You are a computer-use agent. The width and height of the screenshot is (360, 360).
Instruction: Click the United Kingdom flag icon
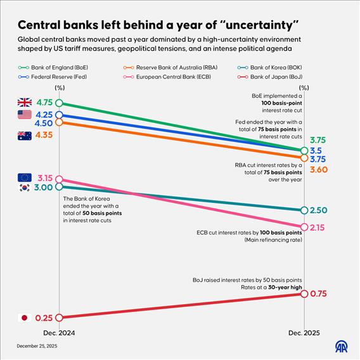[25, 103]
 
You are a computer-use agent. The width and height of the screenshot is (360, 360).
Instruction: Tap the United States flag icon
[25, 115]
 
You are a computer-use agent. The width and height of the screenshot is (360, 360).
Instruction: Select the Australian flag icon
[25, 135]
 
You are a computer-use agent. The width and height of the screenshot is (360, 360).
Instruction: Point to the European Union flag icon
[25, 177]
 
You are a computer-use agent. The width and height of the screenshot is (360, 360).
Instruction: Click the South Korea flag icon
[25, 188]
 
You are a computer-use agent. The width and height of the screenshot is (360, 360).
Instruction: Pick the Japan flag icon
[25, 318]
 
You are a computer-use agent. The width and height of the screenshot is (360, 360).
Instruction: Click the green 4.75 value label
[44, 103]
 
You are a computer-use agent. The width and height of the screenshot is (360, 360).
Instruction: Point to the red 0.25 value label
[44, 318]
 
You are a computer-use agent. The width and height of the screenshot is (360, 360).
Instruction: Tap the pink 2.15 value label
[318, 227]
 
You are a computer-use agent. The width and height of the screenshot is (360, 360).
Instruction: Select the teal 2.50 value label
[318, 210]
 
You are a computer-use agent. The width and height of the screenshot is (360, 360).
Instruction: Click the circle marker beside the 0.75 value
[304, 293]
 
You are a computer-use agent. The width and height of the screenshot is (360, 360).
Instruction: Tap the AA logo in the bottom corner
[342, 347]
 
